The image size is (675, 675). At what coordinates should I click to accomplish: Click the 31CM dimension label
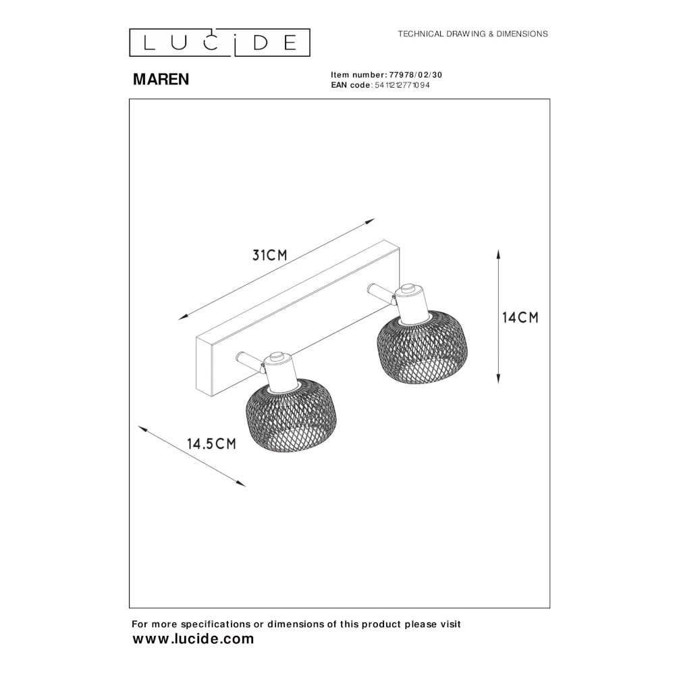pos(269,255)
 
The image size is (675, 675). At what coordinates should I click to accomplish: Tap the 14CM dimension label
pos(520,318)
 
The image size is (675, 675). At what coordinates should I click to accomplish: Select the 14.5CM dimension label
pos(211,443)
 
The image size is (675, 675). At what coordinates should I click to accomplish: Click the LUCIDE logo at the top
pos(219,43)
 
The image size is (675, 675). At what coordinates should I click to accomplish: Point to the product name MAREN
pos(161,79)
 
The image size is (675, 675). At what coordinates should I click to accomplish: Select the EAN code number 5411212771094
pos(402,85)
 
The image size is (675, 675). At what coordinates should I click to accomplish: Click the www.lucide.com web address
pos(193,639)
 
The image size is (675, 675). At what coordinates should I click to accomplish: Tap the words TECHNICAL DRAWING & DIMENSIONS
pos(473,34)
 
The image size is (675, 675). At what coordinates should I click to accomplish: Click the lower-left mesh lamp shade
pos(291,415)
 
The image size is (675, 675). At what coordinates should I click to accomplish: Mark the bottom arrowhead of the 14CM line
pos(499,379)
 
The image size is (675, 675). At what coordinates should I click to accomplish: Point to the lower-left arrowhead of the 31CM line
pos(184,317)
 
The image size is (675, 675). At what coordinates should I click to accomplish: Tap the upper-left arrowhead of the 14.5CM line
pos(142,429)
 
